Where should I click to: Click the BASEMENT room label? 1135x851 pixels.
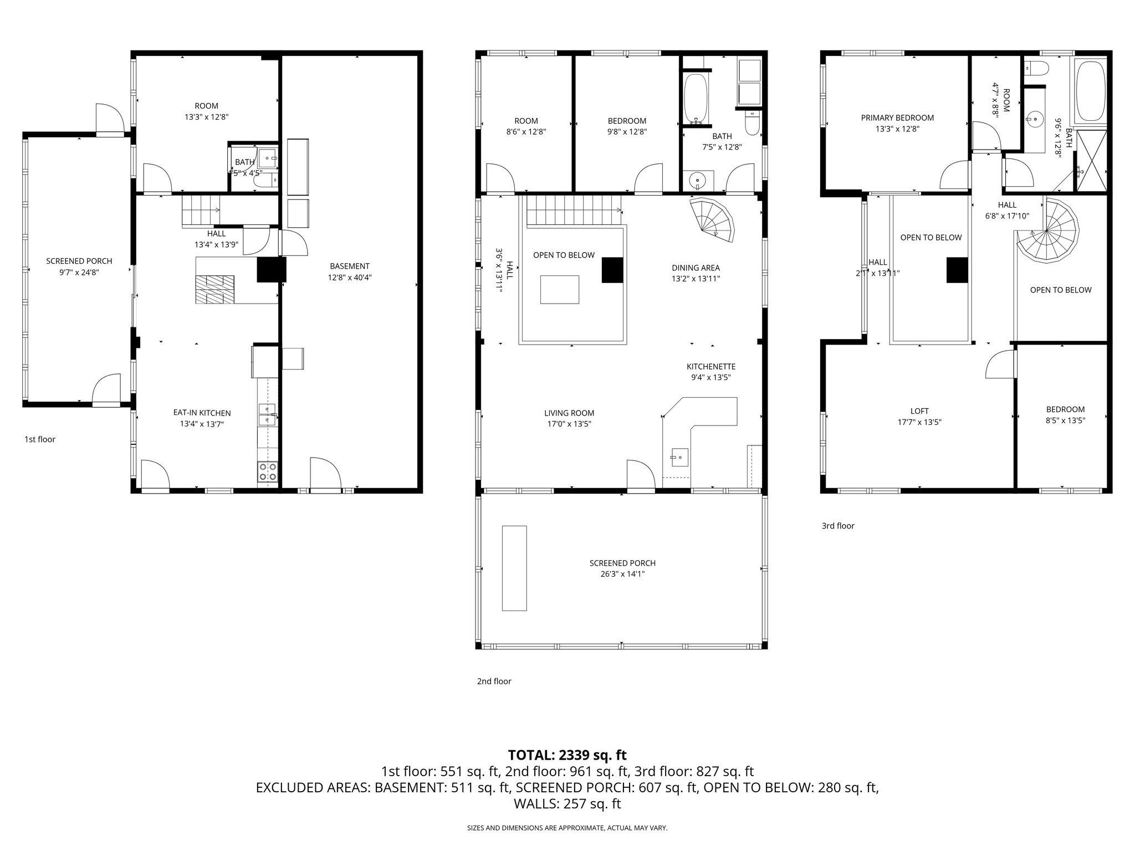[x=349, y=266]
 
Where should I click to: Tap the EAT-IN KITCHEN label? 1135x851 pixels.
[x=202, y=413]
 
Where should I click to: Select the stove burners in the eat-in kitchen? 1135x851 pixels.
[x=267, y=471]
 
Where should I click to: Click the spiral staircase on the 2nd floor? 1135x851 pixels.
[x=713, y=221]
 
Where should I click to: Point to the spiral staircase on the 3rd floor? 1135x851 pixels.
[x=1049, y=239]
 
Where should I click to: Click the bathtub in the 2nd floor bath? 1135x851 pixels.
[x=696, y=98]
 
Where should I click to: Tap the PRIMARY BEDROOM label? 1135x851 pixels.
[x=897, y=117]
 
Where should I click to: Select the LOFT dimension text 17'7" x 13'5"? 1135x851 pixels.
[x=919, y=422]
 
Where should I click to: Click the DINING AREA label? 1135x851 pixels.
[x=696, y=268]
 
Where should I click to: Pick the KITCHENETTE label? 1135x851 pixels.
[x=710, y=366]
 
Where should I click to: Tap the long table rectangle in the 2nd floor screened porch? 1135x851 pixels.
[x=514, y=568]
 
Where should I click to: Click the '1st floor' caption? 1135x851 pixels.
[x=40, y=439]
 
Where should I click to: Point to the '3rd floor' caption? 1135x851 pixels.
[x=838, y=526]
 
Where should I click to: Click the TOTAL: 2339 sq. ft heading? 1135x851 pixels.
[x=567, y=755]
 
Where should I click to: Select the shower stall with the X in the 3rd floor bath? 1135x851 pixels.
[x=1091, y=161]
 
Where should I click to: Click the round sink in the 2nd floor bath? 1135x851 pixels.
[x=696, y=180]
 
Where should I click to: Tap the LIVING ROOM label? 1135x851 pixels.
[x=569, y=413]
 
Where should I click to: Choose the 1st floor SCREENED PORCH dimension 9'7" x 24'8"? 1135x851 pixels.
[x=79, y=273]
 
